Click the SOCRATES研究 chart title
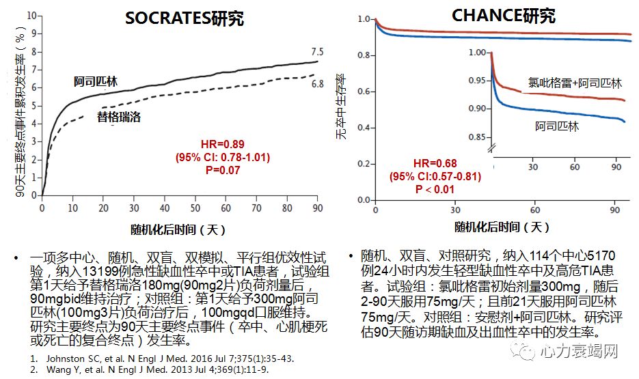184,18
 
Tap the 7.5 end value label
317,52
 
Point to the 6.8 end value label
317,84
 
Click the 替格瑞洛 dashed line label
119,117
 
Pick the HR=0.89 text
222,144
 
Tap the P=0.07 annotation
223,170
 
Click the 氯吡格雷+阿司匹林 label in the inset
575,83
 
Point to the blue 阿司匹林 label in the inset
556,127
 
